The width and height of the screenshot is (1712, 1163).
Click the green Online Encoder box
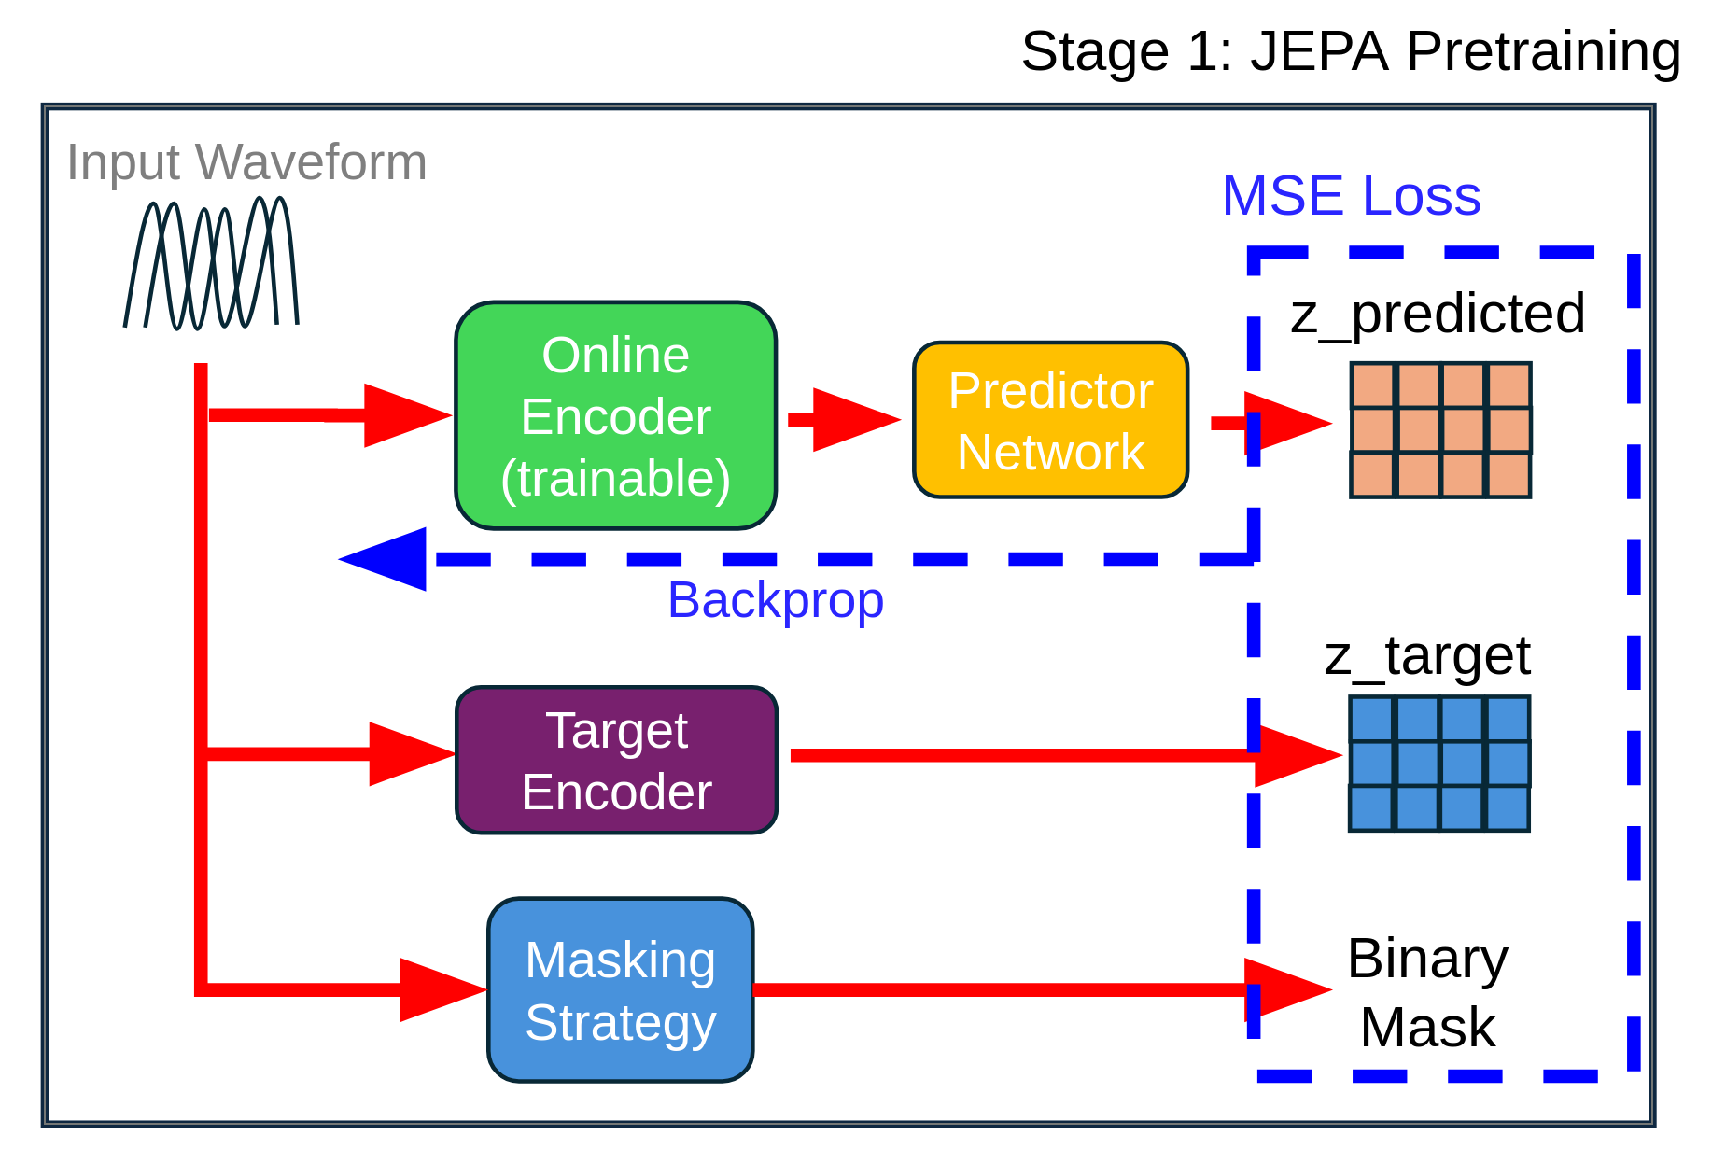(615, 414)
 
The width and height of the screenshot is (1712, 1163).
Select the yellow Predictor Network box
(1050, 420)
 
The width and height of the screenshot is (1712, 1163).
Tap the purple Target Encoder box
(616, 760)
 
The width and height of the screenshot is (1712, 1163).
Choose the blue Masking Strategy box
(620, 989)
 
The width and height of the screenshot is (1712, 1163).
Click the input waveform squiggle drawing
(211, 264)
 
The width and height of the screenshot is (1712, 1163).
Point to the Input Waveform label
(246, 162)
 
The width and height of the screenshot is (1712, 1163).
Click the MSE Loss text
(1351, 196)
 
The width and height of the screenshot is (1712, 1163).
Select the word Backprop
(775, 600)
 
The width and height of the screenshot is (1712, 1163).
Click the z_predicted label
(1437, 314)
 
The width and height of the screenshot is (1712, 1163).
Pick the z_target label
(1426, 656)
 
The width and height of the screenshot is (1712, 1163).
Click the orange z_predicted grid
(1440, 430)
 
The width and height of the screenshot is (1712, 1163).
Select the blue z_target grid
(1438, 764)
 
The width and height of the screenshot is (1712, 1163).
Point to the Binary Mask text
(1427, 993)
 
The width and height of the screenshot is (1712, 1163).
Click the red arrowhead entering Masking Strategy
(440, 989)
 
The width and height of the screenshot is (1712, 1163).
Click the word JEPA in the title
(1319, 51)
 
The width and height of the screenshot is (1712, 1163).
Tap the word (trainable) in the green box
(615, 479)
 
